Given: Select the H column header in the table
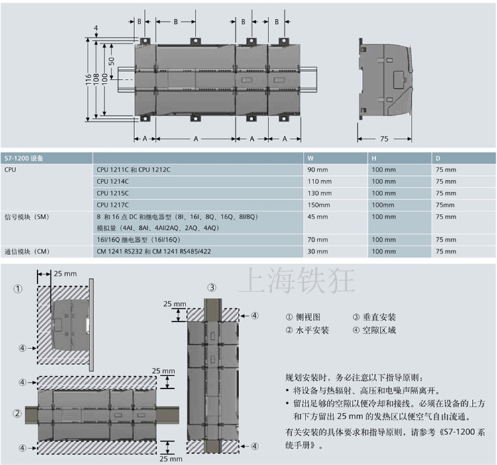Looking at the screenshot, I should coord(374,159).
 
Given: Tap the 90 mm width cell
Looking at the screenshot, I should coord(317,170).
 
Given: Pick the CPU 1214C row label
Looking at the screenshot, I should coord(113,181).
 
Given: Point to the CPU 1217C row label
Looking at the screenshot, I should coord(113,205).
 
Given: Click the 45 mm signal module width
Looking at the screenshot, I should coord(317,217).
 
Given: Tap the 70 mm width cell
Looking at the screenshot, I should coord(317,240).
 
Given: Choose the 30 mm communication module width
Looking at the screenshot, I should coord(317,252).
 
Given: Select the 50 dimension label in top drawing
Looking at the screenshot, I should coord(112,61).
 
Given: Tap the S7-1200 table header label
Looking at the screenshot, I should coord(23,159).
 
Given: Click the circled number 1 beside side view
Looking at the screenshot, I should coord(19,289).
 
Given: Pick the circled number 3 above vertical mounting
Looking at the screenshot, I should coord(211,287).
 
